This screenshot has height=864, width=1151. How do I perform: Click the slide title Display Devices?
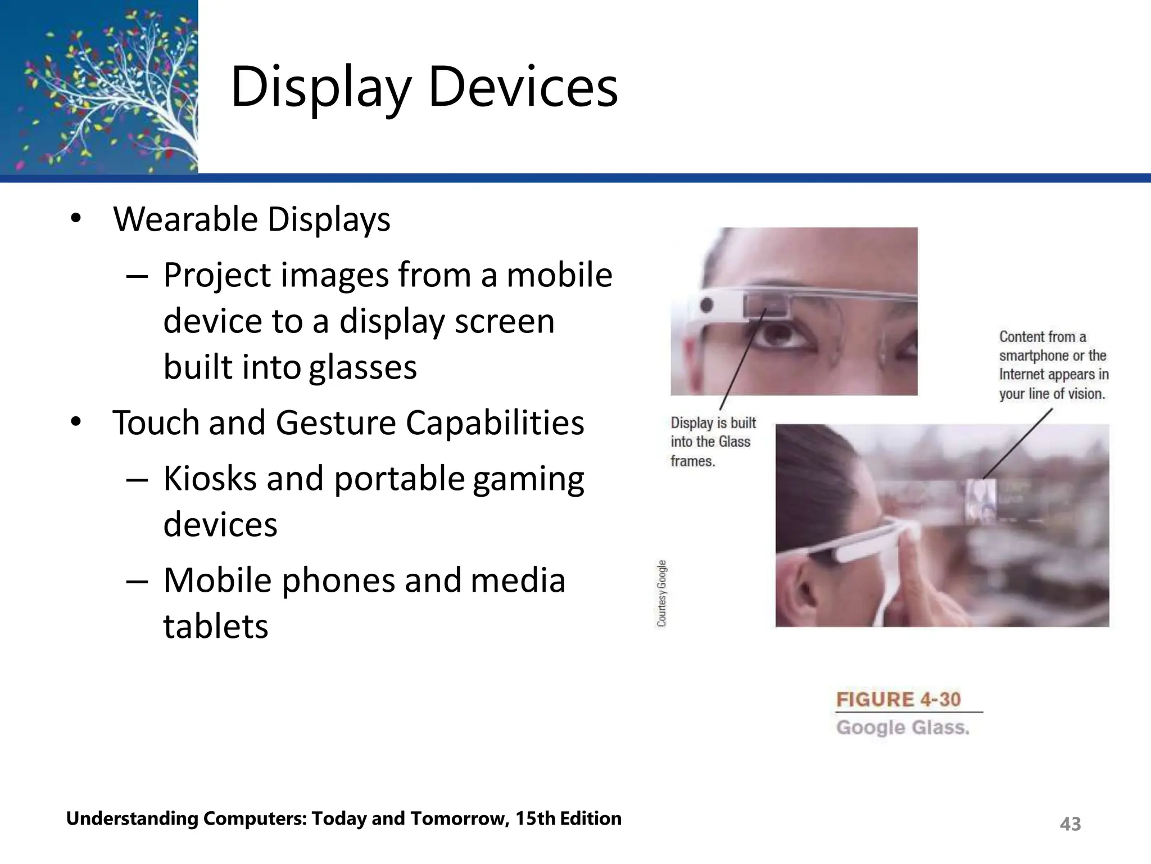pos(424,87)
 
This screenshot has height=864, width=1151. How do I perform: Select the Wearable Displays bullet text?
pos(252,219)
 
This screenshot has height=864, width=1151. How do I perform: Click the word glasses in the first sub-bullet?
pos(363,367)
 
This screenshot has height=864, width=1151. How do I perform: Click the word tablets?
pos(216,626)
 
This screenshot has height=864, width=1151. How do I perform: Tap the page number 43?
pos(1070,824)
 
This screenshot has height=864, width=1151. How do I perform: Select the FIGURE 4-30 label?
pos(898,700)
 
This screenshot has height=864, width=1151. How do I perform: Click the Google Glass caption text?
pos(903,728)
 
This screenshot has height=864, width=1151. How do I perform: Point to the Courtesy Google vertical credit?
pos(662,593)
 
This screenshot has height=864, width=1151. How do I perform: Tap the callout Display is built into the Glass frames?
pos(713,442)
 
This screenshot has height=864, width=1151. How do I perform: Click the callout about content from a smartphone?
pos(1053,365)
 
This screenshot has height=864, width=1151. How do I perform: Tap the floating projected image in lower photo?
pos(981,499)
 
